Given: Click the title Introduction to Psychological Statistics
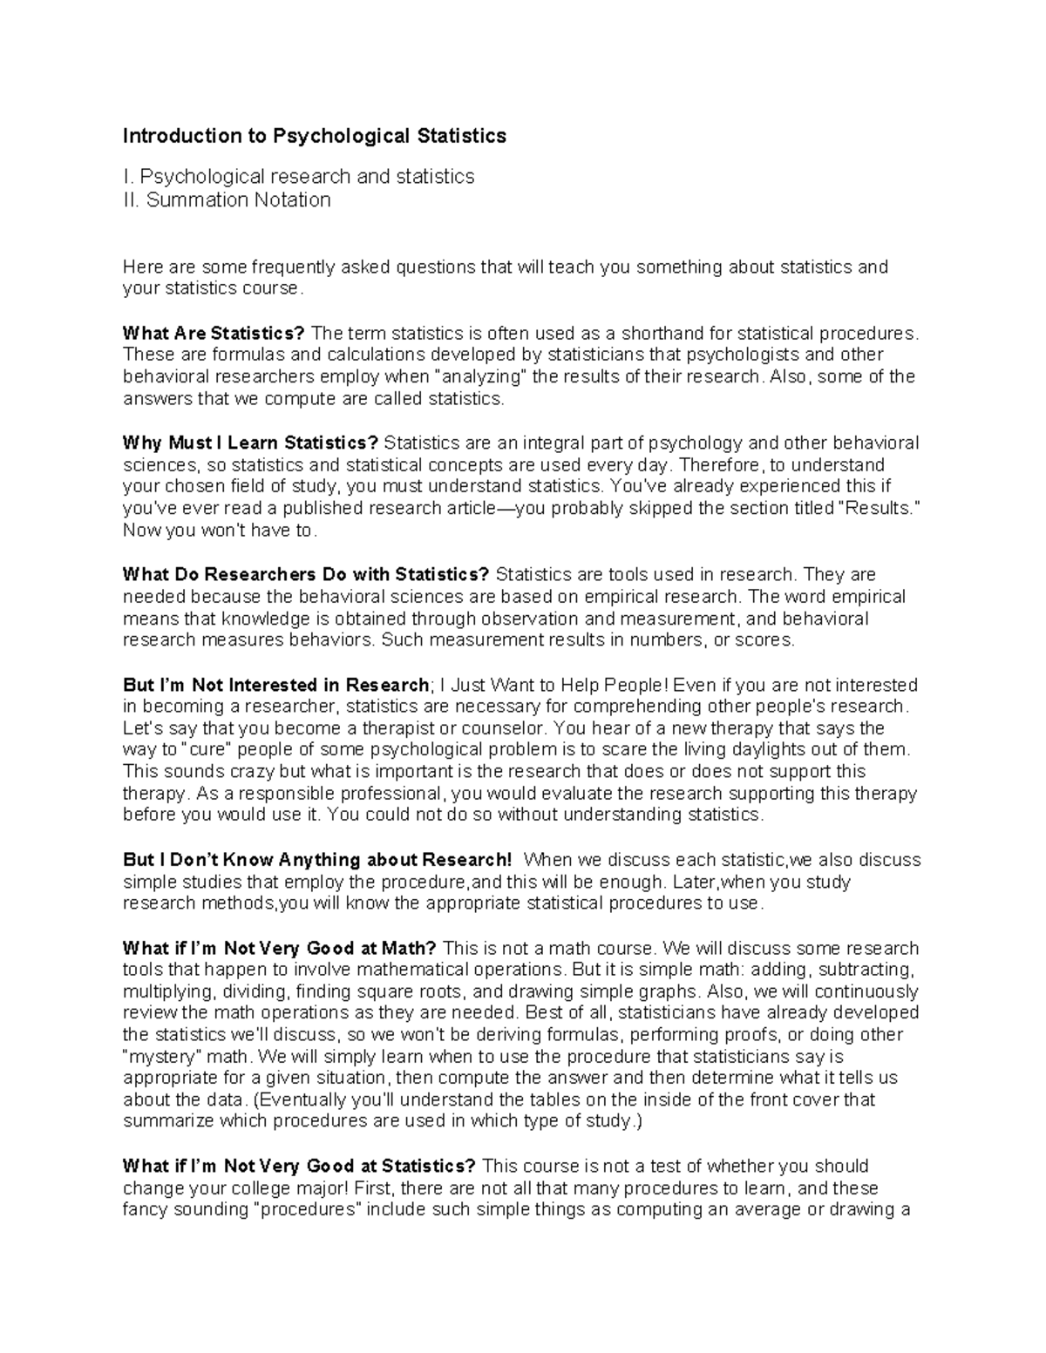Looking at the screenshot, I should (x=314, y=136).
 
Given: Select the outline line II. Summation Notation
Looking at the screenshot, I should (x=227, y=200).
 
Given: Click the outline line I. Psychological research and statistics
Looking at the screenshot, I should (x=298, y=177).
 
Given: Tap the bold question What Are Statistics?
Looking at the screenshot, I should (x=214, y=333).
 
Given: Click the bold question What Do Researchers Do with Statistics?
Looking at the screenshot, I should (x=306, y=574).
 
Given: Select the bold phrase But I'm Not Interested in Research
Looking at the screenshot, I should (x=276, y=684).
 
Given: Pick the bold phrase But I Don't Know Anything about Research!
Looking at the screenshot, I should (x=318, y=860).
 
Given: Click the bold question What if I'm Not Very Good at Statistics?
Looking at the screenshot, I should (x=299, y=1166).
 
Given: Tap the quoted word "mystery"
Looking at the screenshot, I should (x=161, y=1056).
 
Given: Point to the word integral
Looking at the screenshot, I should (x=543, y=443).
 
